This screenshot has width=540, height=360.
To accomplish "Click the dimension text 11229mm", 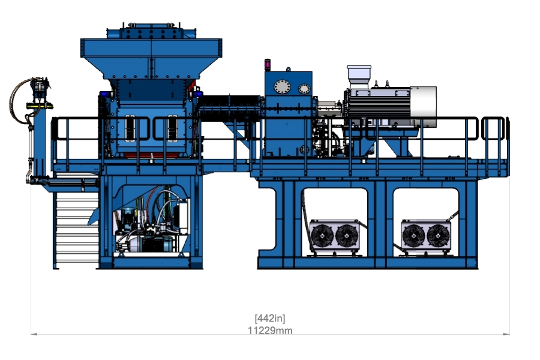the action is click(270, 331).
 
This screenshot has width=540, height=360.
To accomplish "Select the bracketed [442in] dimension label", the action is click(270, 319).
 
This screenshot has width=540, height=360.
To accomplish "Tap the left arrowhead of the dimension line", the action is click(34, 334).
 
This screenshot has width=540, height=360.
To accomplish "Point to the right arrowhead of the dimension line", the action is click(506, 334).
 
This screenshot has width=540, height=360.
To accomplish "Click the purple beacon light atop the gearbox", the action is click(268, 64).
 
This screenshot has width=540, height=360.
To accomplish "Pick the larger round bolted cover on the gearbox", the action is click(282, 87).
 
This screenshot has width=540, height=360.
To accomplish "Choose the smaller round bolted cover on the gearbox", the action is click(304, 89).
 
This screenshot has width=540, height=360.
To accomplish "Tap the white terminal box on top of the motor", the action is click(359, 76).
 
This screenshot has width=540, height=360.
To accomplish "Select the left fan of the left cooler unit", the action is click(322, 236).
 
